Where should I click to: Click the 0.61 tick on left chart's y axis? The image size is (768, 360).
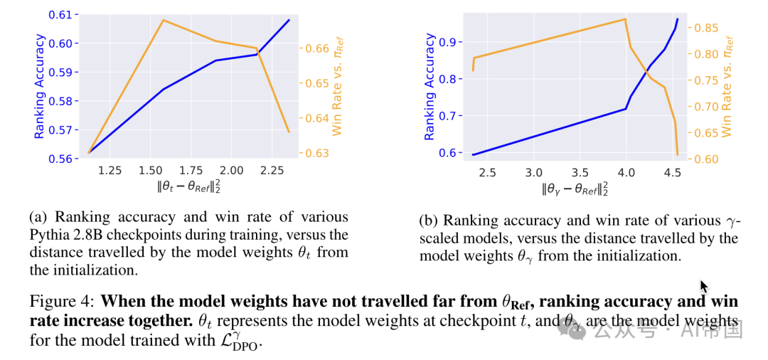[63, 14]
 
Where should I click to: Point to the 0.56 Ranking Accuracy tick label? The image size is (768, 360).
[63, 159]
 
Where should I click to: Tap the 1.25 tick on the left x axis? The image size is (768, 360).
[110, 171]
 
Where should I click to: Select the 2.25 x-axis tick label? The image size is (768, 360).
[273, 171]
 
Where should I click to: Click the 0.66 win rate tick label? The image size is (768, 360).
[317, 48]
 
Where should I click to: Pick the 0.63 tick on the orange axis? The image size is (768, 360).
[317, 153]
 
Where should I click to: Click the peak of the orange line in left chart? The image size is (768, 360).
[164, 20]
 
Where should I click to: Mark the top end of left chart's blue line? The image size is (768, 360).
[289, 19]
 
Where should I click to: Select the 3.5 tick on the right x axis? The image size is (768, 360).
[580, 172]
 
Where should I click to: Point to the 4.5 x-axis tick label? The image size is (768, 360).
[673, 172]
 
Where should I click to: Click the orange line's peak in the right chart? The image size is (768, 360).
[625, 19]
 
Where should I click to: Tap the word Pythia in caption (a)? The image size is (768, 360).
[49, 235]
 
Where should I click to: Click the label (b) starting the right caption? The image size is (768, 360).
[429, 221]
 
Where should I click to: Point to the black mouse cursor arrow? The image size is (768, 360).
[704, 286]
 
